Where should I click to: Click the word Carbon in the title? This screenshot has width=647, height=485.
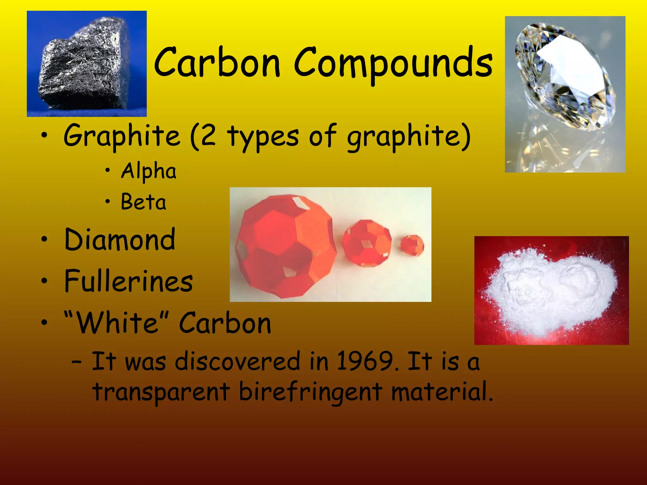217,63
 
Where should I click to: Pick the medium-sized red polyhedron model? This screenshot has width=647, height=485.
366,243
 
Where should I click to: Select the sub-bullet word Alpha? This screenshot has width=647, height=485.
148,171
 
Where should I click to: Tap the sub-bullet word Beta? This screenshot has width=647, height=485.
143,202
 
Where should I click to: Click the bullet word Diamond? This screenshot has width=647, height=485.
119,240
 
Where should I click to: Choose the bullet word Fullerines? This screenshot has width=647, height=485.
128,281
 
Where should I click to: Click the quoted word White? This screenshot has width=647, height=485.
117,323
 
